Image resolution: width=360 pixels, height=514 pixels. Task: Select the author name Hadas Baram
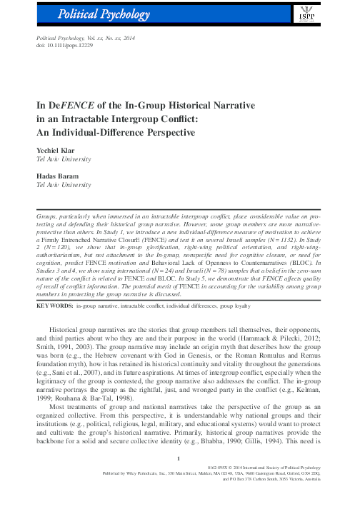57,176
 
